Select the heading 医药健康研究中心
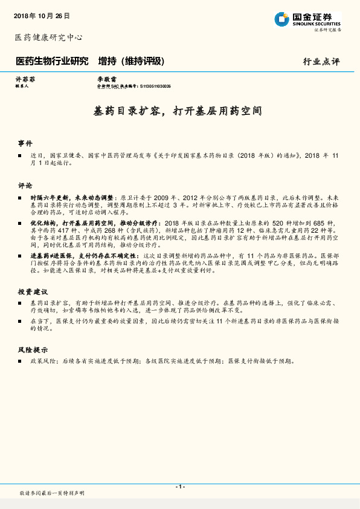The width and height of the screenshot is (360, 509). click(48, 37)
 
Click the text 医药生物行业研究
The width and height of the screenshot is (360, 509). click(51, 61)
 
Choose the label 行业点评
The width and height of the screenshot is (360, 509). click(321, 62)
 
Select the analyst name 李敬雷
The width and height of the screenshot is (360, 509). click(106, 79)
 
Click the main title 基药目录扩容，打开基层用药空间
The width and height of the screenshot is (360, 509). click(179, 111)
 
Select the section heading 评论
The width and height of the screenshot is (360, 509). click(25, 185)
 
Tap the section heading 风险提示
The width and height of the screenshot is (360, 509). click(32, 350)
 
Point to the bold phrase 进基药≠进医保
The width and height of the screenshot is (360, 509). click(50, 256)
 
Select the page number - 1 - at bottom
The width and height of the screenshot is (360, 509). click(180, 487)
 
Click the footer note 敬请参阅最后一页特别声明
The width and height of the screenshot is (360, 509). click(52, 494)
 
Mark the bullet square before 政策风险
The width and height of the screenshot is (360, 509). click(20, 361)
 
